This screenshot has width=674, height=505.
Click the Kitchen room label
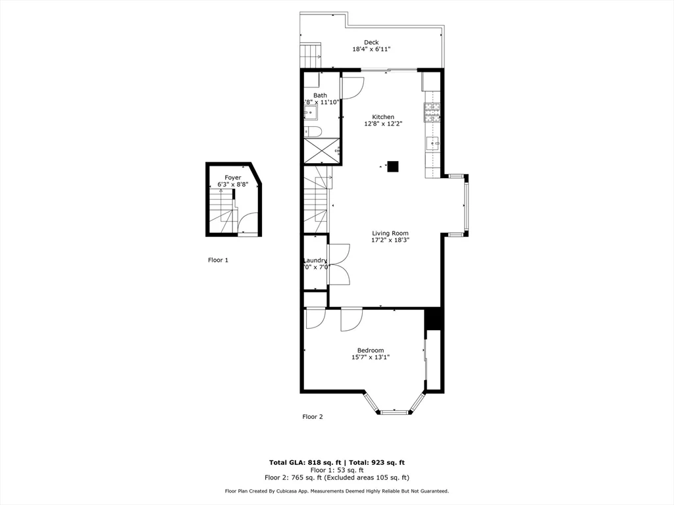pos(383,117)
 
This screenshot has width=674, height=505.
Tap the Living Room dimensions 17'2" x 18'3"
pos(390,240)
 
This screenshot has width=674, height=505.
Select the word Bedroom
pos(371,350)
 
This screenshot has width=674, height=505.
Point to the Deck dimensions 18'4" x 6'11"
pos(371,49)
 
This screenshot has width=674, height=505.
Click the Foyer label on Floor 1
pos(232,178)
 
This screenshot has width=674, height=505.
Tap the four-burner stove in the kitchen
pos(432,113)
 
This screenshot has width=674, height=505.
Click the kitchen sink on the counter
pos(432,142)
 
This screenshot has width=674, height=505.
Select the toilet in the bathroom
pos(314,132)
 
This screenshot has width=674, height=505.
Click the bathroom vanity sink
pos(311,114)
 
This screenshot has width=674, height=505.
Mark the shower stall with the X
pos(321,151)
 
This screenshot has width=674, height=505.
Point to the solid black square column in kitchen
pos(393,167)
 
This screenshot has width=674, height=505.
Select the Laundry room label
pos(315,260)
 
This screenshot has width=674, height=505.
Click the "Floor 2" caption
pos(313,416)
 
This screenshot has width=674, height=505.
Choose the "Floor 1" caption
pos(218,260)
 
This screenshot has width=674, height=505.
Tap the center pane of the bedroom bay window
pos(395,412)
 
